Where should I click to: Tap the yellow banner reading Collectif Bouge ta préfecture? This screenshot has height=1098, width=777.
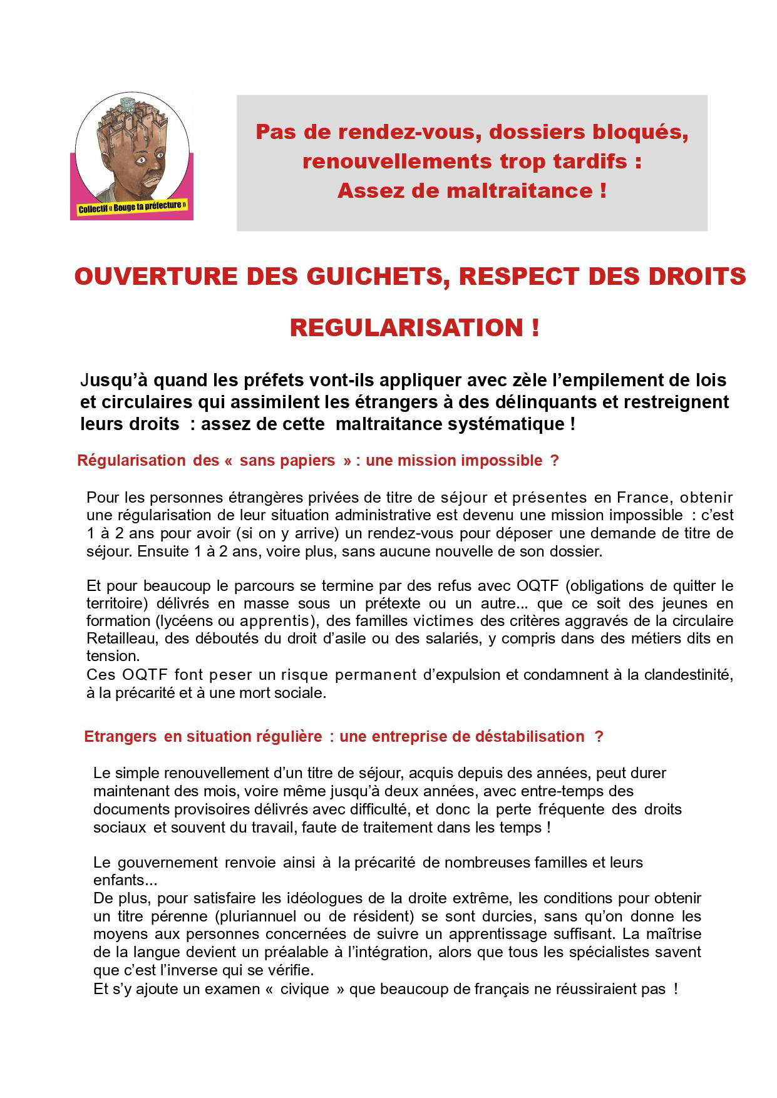pos(132,207)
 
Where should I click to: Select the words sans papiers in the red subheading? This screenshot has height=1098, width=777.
pos(287,461)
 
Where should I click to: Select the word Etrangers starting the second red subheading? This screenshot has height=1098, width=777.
pos(120,736)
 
